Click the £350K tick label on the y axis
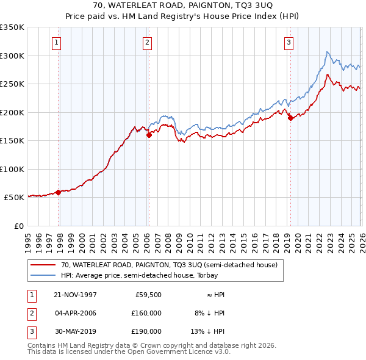pyautogui.click(x=12, y=27)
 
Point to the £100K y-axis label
pyautogui.click(x=12, y=169)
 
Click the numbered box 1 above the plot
pyautogui.click(x=56, y=43)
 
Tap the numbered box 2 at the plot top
pyautogui.click(x=148, y=43)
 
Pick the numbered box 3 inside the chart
pyautogui.click(x=289, y=43)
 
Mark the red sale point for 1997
pyautogui.click(x=59, y=192)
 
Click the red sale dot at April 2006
pyautogui.click(x=149, y=135)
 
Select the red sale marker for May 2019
pyautogui.click(x=290, y=118)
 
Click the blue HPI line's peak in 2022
pyautogui.click(x=328, y=52)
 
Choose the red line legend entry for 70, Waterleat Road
pyautogui.click(x=169, y=265)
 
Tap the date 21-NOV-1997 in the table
pyautogui.click(x=75, y=295)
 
